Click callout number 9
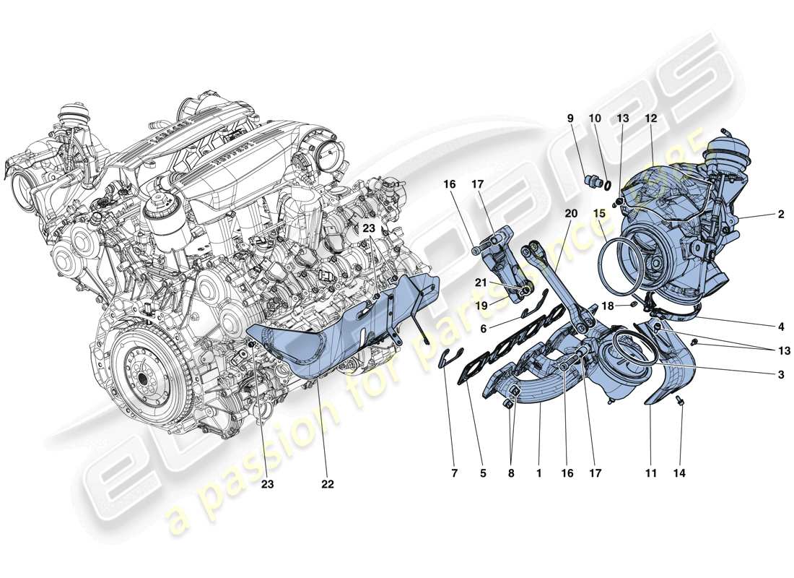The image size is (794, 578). (570, 118)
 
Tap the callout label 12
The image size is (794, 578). (650, 118)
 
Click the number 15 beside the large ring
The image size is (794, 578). (599, 214)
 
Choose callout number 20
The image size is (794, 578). (572, 214)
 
